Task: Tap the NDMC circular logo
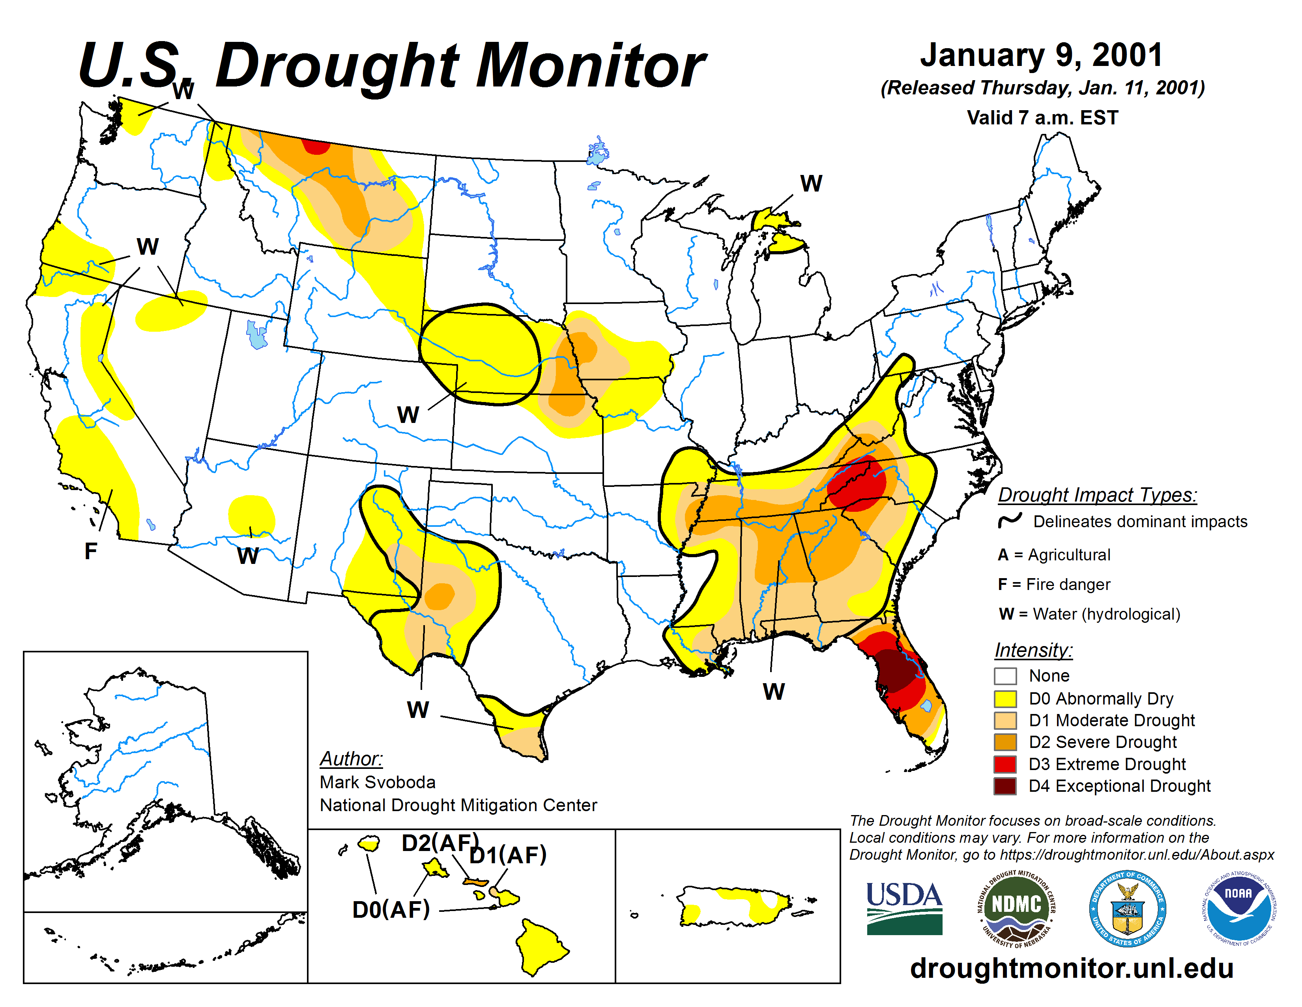pos(1016,909)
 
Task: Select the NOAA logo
pos(1238,909)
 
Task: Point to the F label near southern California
pos(91,551)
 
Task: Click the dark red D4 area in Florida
pos(894,671)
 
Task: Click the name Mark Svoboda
pos(377,782)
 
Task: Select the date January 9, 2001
pos(1042,55)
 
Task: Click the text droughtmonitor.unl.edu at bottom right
pos(1071,968)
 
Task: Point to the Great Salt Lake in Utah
pos(257,334)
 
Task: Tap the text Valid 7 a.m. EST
pos(1042,118)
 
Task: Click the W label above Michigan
pos(811,183)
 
